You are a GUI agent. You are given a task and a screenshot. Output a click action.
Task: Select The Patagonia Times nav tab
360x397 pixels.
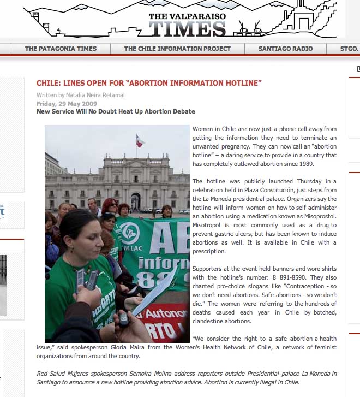(61, 49)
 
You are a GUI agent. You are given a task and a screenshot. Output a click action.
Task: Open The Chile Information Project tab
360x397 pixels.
(177, 49)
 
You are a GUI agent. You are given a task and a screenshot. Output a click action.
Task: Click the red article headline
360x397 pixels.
(149, 83)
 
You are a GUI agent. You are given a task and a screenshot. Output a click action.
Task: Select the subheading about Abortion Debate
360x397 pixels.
(115, 111)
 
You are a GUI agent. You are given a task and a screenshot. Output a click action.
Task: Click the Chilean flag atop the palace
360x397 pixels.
(140, 141)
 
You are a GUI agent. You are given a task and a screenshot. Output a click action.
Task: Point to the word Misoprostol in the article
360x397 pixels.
(316, 216)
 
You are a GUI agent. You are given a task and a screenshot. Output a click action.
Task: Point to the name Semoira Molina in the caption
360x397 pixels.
(169, 374)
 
